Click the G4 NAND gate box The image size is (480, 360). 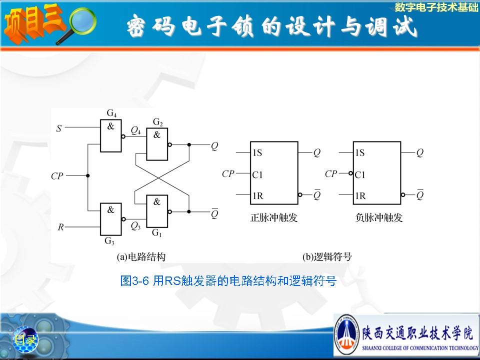(111, 135)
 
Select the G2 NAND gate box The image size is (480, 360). (157, 144)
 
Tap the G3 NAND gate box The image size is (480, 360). (111, 219)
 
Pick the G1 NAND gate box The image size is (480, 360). (157, 211)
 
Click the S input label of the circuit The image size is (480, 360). (59, 128)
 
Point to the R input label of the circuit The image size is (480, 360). (60, 227)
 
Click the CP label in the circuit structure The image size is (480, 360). (57, 176)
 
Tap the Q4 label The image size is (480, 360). (135, 130)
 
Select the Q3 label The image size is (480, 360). (135, 226)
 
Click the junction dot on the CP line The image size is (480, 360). (88, 175)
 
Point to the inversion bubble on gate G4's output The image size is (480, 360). (123, 136)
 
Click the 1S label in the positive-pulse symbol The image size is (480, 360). (257, 152)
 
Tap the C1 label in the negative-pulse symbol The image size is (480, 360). (360, 175)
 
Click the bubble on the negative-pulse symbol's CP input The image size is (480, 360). (351, 173)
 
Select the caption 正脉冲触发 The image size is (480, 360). (273, 217)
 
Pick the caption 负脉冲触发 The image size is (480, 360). (378, 217)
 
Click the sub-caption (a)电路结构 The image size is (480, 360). (141, 256)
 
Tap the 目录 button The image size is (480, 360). (25, 339)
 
